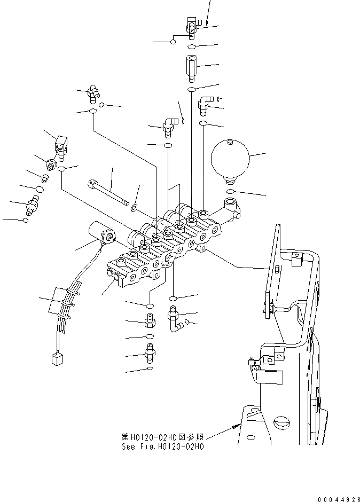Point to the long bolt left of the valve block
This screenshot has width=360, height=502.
pos(110,191)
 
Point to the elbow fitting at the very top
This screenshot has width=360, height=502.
pos(192,23)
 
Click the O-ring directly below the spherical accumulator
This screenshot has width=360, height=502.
pos(230,191)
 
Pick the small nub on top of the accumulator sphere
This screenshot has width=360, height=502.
pos(230,142)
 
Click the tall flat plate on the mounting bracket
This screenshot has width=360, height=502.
pos(273,272)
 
